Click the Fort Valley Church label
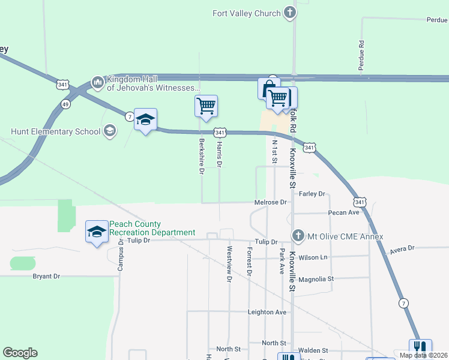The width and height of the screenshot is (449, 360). coord(247,13)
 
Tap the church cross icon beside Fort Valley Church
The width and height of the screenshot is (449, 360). coord(290,13)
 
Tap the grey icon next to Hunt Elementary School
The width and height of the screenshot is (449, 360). coord(109,131)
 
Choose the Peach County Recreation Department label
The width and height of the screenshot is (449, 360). coord(152,229)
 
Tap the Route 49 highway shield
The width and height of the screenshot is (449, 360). coord(65,104)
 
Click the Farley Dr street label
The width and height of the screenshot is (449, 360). coord(312,194)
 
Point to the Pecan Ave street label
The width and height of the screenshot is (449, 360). coord(343,213)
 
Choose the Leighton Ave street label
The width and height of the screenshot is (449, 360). coord(267,312)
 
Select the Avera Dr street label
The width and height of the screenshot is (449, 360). coord(402,248)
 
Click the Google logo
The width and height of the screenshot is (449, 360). coord(20,353)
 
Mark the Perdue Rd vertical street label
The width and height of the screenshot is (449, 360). coord(361,55)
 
